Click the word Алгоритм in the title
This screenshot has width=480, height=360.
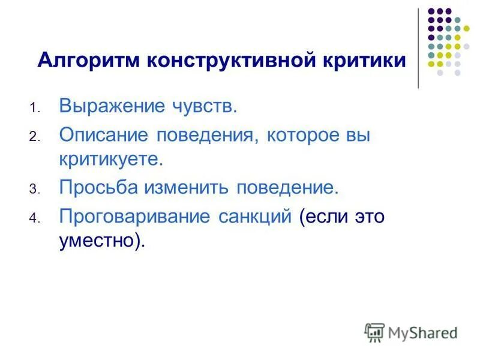pyautogui.click(x=88, y=61)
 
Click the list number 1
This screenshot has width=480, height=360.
pyautogui.click(x=34, y=109)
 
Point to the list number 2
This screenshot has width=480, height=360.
pyautogui.click(x=34, y=137)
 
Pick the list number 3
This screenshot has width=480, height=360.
pyautogui.click(x=34, y=189)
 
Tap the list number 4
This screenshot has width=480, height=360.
pyautogui.click(x=34, y=217)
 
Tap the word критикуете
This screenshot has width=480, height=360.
pyautogui.click(x=110, y=160)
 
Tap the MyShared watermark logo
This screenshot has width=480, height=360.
pyautogui.click(x=411, y=332)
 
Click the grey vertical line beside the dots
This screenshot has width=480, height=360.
pyautogui.click(x=418, y=48)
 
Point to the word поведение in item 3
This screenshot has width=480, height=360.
pyautogui.click(x=289, y=187)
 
